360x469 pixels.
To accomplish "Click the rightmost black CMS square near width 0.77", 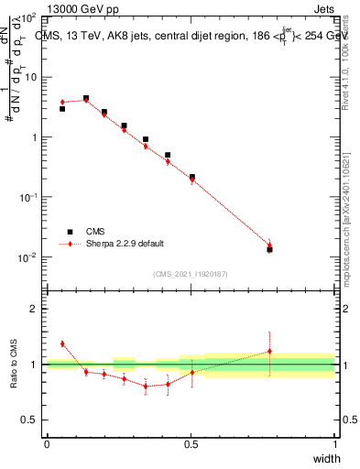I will point(269,249).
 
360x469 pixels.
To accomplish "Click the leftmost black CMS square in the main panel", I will point(62,108).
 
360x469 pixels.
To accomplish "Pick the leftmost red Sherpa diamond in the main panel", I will point(62,102).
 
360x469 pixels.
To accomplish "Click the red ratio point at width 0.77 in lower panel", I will point(269,351).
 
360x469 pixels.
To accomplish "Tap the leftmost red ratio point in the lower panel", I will point(62,344).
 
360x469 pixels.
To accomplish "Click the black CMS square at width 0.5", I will point(191,177).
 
